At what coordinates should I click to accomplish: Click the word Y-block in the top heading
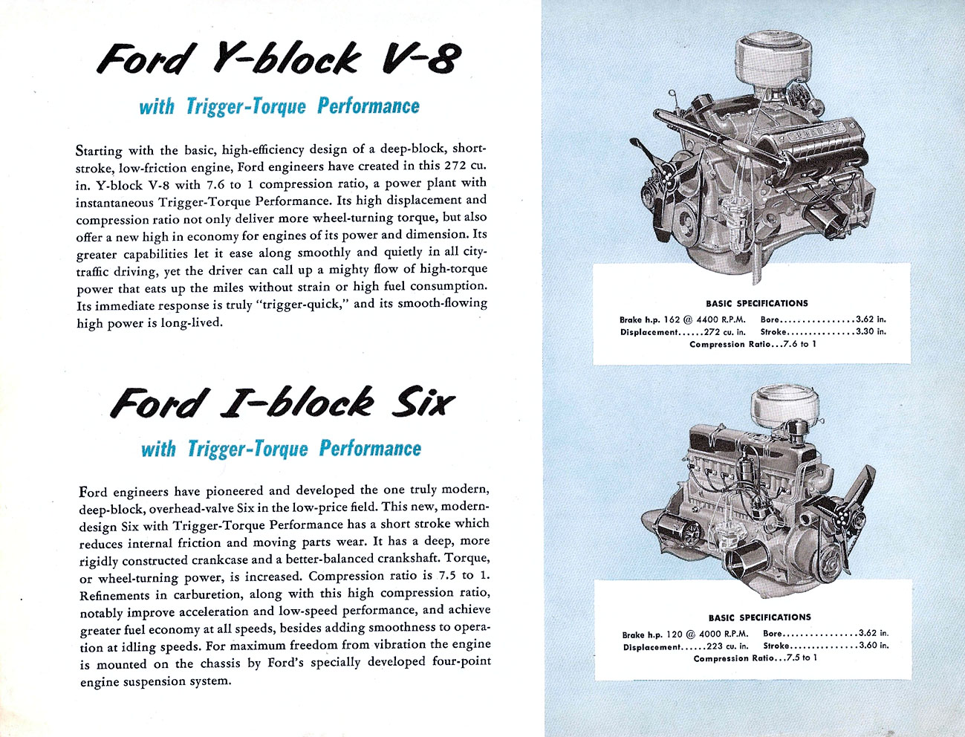(287, 59)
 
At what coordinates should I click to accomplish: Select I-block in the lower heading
(297, 402)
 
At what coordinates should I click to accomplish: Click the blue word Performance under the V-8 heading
(368, 105)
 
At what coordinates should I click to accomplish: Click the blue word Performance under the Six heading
(370, 448)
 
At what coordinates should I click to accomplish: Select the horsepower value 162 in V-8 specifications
(673, 319)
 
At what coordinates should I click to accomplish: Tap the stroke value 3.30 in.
(871, 332)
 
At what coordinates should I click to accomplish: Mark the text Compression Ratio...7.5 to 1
(755, 658)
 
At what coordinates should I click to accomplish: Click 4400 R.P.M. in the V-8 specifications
(721, 319)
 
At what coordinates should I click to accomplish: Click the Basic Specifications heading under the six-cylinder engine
(759, 617)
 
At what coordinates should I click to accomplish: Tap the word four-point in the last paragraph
(461, 662)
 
